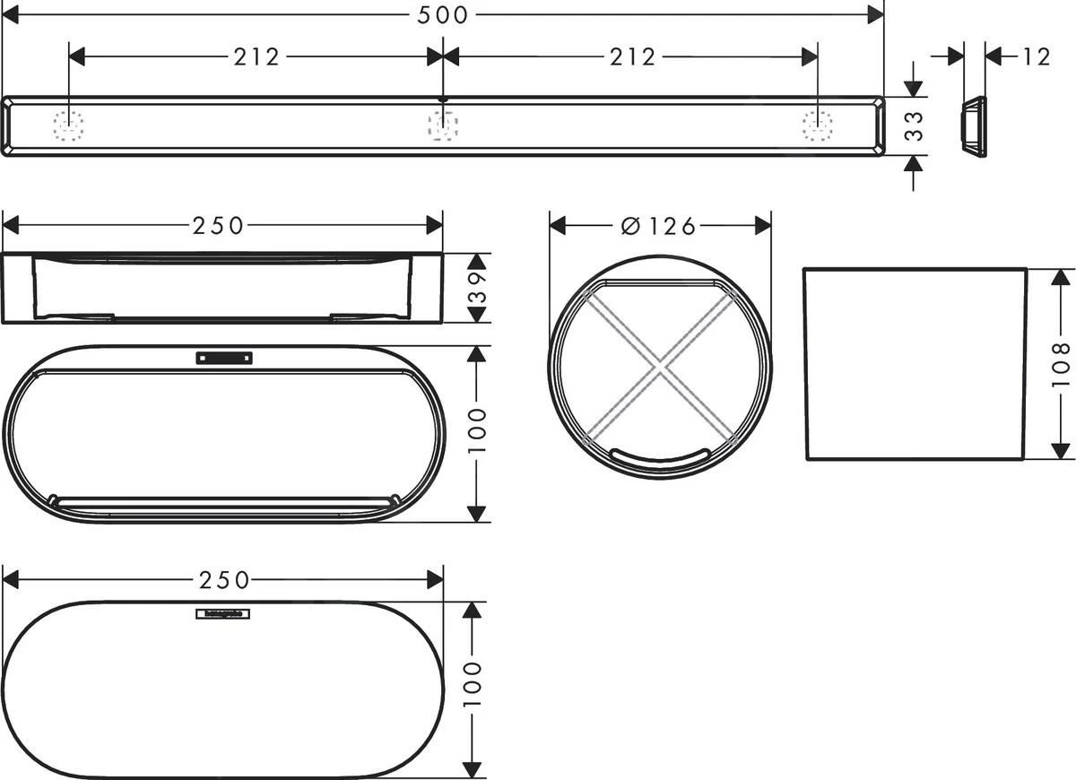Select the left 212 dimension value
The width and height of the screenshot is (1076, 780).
(x=256, y=56)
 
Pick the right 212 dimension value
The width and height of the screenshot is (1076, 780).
(x=632, y=56)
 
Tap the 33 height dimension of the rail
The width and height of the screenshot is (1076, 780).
(x=914, y=126)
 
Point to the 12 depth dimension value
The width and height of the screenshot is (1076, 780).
(x=1035, y=56)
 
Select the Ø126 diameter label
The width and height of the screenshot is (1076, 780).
(x=658, y=226)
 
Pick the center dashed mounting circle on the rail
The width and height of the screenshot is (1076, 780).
(x=443, y=126)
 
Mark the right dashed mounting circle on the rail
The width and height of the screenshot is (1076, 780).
(x=817, y=126)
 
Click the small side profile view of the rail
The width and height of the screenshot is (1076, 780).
(x=973, y=126)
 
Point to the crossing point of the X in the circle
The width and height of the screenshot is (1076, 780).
(x=660, y=366)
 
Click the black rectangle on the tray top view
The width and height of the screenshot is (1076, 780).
(x=223, y=358)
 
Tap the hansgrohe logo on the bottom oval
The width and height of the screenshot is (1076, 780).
(x=223, y=614)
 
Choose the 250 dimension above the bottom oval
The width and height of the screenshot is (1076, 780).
(x=222, y=580)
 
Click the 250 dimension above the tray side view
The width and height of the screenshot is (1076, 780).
(x=218, y=226)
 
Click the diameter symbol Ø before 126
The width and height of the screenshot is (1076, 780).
(x=630, y=226)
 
